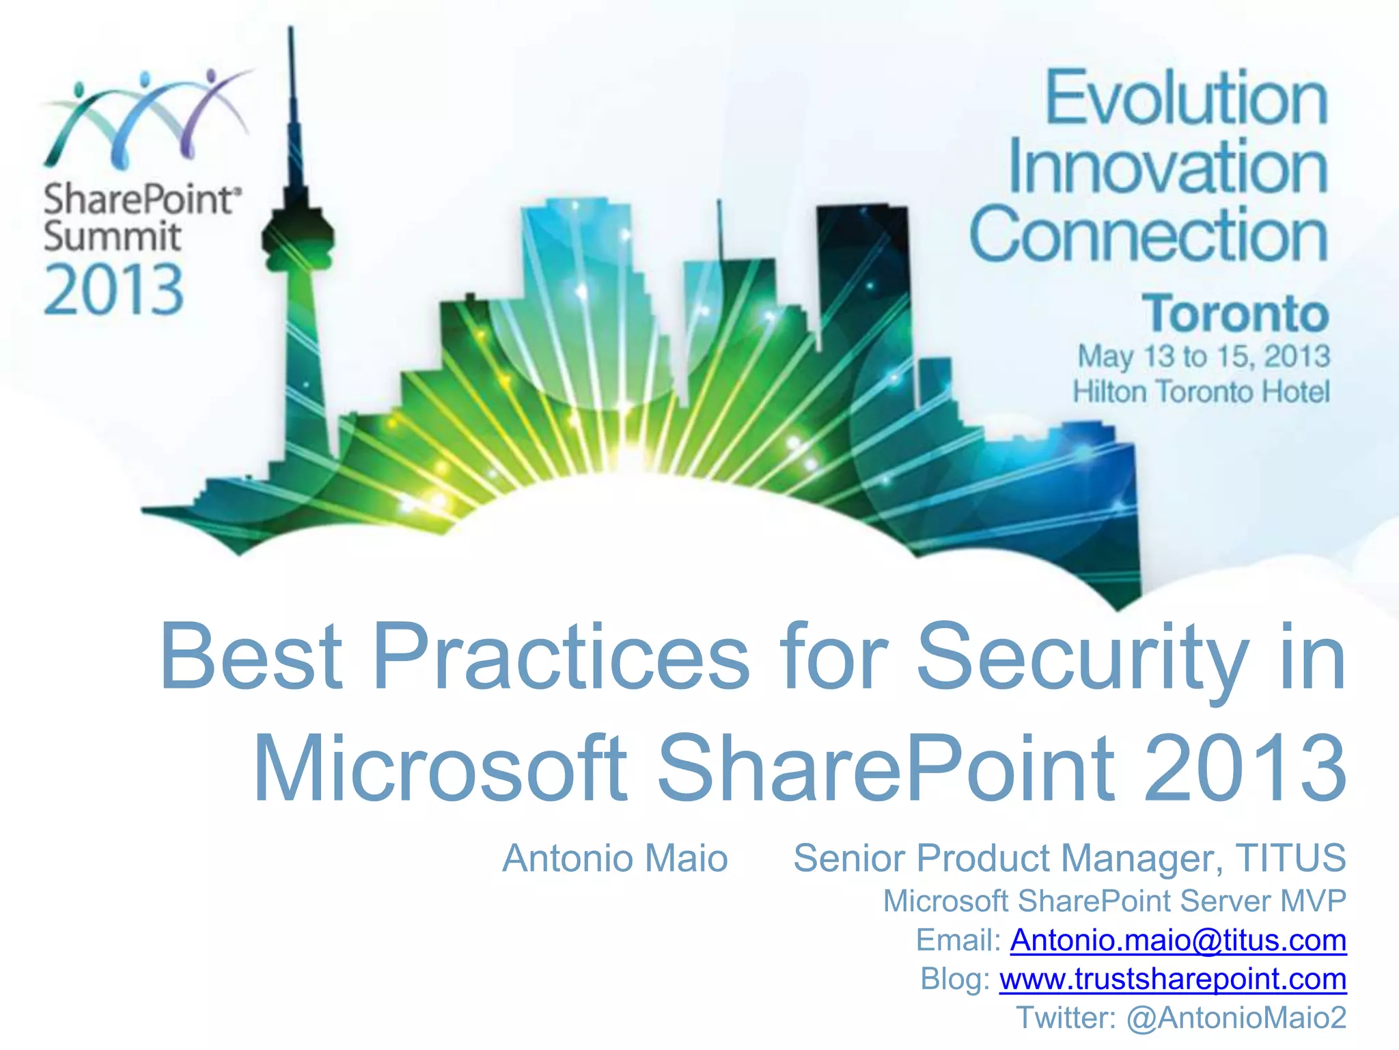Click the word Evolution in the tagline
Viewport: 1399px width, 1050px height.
point(1187,99)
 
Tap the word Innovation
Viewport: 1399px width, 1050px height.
point(1167,167)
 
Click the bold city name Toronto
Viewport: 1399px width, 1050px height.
point(1235,314)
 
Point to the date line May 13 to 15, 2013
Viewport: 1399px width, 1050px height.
point(1204,356)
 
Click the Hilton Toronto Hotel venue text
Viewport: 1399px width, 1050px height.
point(1201,392)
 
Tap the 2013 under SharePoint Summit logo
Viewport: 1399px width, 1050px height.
point(113,291)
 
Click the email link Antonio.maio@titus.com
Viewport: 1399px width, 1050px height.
point(1178,940)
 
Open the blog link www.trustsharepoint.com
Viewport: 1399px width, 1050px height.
point(1172,979)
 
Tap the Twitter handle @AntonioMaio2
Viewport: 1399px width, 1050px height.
point(1236,1017)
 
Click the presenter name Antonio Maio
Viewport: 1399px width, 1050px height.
point(615,859)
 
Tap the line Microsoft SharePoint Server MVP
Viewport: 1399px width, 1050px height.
point(1114,901)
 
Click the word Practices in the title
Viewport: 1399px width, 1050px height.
point(560,658)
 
